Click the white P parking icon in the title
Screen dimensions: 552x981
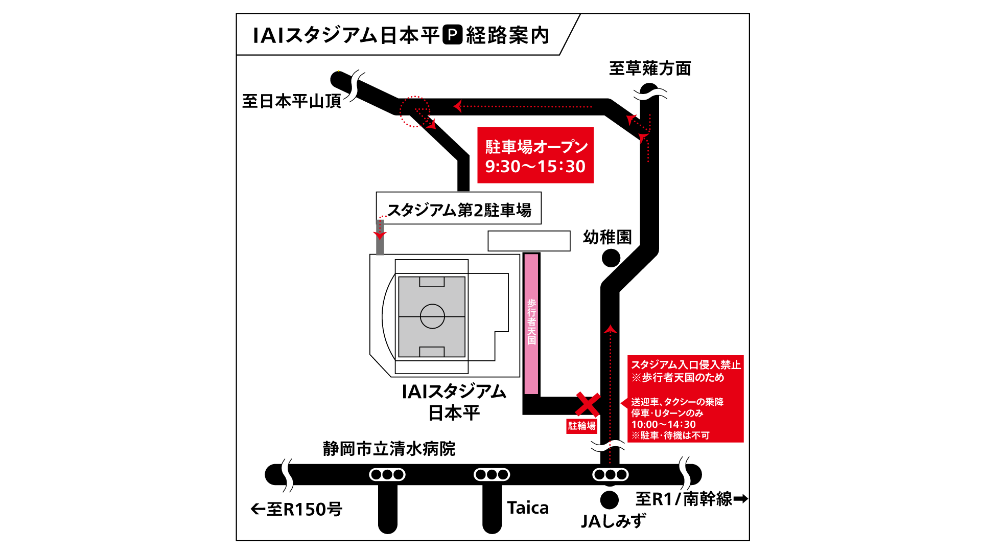(452, 35)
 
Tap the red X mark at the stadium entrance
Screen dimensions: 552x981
(588, 404)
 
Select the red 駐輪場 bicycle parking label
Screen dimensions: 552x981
(581, 426)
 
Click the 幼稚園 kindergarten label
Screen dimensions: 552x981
(608, 237)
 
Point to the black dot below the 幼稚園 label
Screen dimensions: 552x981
(611, 258)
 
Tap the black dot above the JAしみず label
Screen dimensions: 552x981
(609, 499)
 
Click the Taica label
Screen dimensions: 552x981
(528, 508)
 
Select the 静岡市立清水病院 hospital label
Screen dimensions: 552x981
(389, 449)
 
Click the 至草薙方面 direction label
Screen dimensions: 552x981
(650, 68)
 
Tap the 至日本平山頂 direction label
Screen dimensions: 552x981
(292, 101)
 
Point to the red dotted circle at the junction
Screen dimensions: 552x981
(414, 111)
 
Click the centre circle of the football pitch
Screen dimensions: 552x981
(432, 316)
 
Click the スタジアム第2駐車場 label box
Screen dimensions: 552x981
(458, 209)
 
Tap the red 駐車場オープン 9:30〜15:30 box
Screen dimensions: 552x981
(535, 155)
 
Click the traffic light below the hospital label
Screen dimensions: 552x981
(387, 475)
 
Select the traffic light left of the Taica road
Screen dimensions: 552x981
(492, 475)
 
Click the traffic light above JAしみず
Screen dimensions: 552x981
(610, 475)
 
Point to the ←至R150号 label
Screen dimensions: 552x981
(296, 509)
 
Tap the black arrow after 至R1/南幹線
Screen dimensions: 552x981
(740, 498)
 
